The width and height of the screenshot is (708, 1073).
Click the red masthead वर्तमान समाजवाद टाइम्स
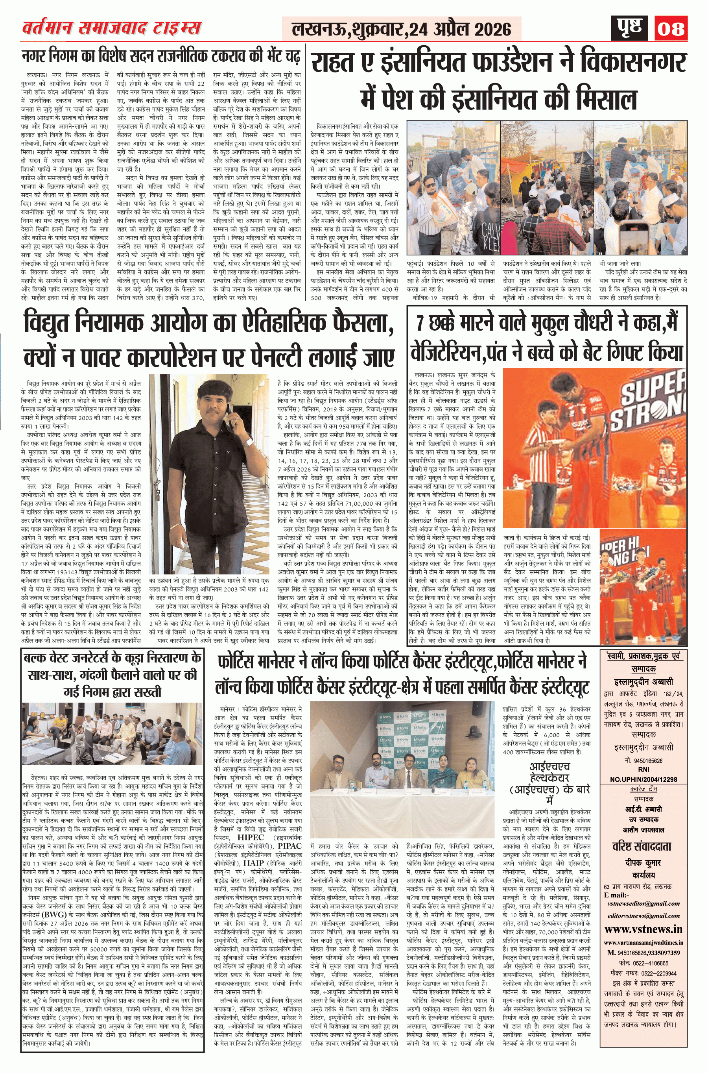(111, 28)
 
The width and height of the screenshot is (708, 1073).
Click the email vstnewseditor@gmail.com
(643, 890)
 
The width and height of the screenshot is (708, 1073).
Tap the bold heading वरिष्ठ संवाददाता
(643, 846)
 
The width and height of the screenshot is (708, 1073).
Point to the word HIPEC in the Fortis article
(251, 837)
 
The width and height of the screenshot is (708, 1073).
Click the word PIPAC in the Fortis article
(290, 846)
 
